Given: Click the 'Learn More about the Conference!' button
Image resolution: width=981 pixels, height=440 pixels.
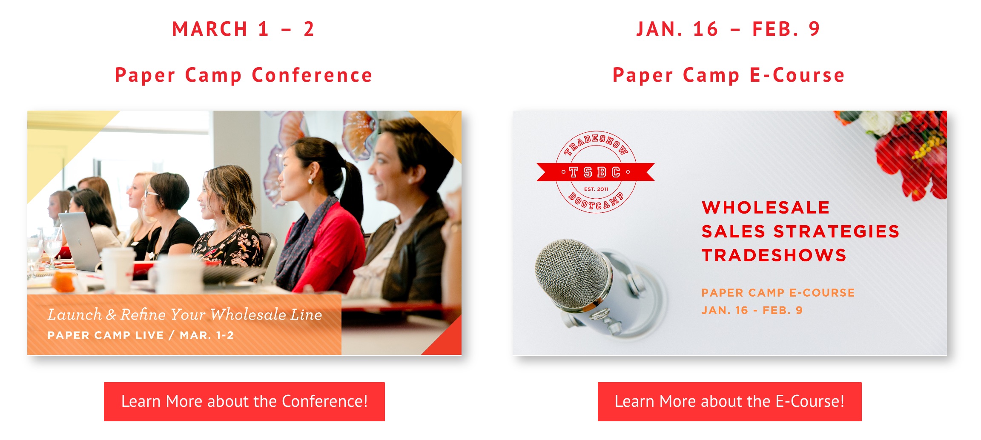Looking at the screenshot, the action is tap(244, 401).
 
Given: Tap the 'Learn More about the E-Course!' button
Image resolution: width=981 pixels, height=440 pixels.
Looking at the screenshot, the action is tap(729, 401).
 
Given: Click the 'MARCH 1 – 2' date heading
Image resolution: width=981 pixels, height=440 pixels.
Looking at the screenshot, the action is tap(243, 29).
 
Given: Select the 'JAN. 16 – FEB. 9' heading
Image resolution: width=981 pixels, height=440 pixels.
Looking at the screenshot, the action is tap(728, 29).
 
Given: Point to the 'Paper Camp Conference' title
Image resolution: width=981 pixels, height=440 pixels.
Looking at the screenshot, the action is tap(244, 75).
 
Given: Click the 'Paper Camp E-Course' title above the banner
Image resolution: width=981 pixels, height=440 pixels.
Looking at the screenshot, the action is tap(729, 75).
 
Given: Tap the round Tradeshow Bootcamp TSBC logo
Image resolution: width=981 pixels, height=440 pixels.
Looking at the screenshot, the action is tap(596, 172).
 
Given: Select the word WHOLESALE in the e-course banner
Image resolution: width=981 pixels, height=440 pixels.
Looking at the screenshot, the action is tap(766, 208).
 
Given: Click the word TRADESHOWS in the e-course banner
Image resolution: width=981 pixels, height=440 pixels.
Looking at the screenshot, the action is tap(774, 255).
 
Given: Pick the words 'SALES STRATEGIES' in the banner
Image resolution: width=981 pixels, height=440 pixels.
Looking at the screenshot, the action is tap(800, 231).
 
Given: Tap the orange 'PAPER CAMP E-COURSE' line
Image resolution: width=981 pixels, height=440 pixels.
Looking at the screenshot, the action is tap(778, 293).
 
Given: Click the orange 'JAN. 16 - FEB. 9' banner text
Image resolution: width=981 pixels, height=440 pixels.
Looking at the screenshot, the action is tap(752, 310).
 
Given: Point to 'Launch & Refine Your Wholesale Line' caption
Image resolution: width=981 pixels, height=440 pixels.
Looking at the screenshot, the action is tap(184, 314).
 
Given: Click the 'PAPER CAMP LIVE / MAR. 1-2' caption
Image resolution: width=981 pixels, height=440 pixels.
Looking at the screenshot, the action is tap(141, 335).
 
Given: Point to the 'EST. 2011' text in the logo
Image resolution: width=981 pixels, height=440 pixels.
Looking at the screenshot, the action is tap(596, 189).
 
